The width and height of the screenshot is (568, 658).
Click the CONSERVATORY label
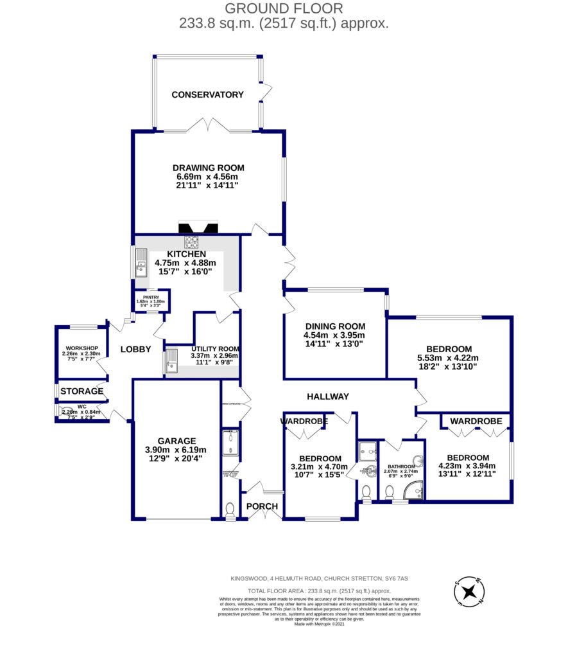pos(207,94)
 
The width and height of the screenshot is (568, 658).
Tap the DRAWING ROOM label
pos(211,168)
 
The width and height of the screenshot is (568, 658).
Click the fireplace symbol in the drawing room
pos(198,227)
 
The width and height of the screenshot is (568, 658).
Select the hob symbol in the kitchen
pos(191,242)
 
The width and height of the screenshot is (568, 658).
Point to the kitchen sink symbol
pos(141,263)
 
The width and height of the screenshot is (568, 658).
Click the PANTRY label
pos(150,297)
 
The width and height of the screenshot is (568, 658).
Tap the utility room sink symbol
pos(171,360)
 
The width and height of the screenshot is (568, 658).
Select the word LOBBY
pos(135,350)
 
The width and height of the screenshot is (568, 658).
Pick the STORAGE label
pos(82,391)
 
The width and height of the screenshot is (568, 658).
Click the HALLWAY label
pos(327,396)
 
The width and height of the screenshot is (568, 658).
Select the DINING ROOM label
pos(334,326)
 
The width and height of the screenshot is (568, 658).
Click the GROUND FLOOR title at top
pos(284,8)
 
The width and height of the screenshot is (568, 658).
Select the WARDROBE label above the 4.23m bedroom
pos(476,421)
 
